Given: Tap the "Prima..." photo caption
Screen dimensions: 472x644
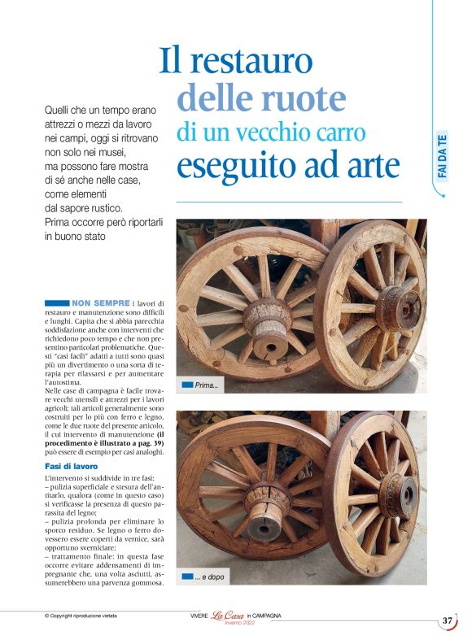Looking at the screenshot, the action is point(207,385).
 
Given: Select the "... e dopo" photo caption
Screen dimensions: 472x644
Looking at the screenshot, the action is point(210,577).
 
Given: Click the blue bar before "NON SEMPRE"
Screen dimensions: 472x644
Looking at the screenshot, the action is point(58,303).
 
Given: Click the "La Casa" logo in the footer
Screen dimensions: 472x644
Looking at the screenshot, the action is point(228,616).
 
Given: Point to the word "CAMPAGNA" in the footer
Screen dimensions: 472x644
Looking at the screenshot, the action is point(265,616).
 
